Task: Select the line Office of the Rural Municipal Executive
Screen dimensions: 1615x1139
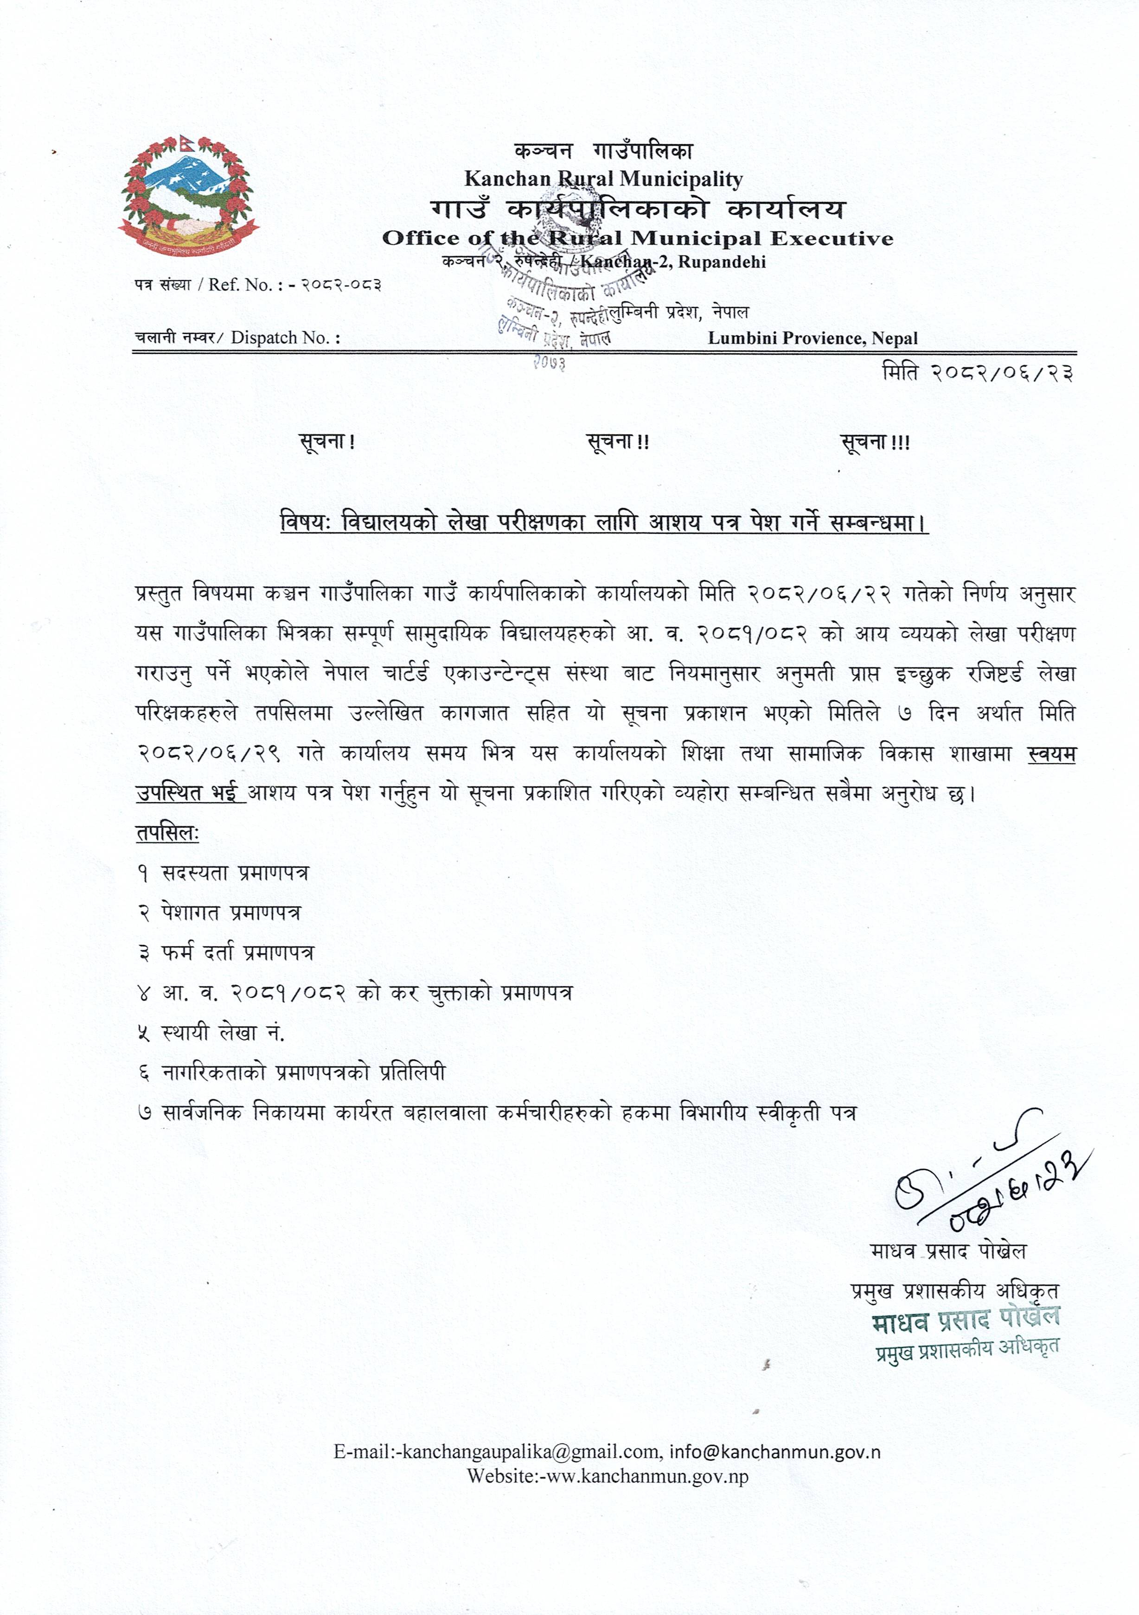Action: point(637,238)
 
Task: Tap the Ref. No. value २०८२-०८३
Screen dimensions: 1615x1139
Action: point(342,285)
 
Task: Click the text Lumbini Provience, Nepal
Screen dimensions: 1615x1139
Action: point(813,338)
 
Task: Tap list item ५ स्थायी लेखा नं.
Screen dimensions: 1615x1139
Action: point(211,1033)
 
